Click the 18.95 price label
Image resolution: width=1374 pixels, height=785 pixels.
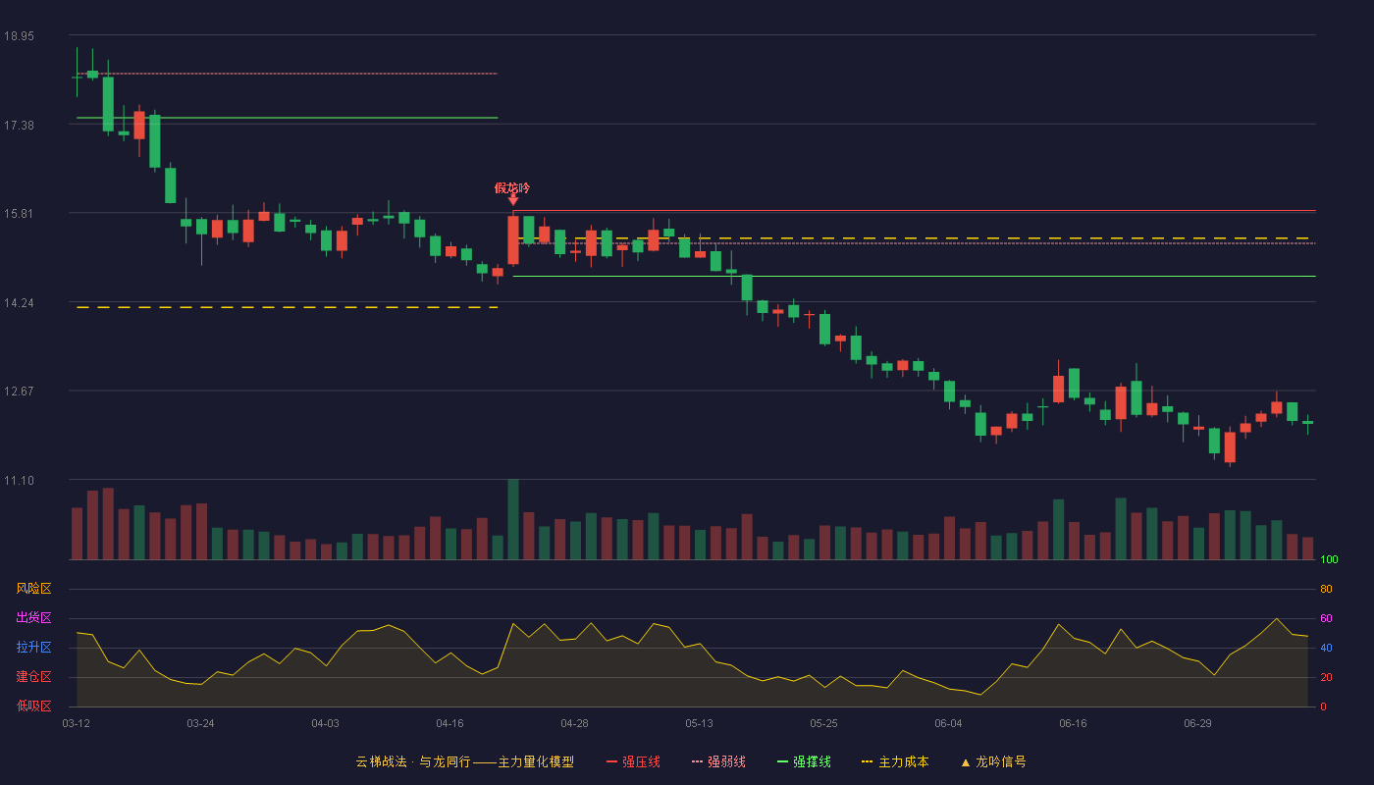tap(19, 36)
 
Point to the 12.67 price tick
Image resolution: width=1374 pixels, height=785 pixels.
tap(19, 392)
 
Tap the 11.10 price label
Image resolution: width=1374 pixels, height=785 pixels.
tap(19, 481)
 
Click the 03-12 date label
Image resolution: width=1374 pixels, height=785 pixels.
tap(77, 724)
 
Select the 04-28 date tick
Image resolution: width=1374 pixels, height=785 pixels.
tap(574, 724)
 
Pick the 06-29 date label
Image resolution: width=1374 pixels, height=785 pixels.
tap(1197, 724)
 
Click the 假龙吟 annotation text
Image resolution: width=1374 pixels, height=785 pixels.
tap(512, 188)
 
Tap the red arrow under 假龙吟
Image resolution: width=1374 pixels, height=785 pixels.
tap(513, 200)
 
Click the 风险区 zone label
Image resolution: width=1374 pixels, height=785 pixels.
tap(33, 589)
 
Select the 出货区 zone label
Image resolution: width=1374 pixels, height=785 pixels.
tap(33, 617)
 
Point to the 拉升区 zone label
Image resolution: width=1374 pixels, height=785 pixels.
tap(33, 647)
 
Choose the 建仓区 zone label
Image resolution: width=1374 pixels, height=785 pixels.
tap(33, 676)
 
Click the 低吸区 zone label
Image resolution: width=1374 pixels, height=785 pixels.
tap(33, 706)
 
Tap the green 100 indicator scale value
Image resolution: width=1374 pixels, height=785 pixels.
tap(1329, 559)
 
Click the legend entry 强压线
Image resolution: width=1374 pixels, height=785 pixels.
tap(634, 762)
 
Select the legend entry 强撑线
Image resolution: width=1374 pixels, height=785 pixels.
tap(804, 762)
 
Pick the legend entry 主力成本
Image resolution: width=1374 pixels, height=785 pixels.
tap(895, 762)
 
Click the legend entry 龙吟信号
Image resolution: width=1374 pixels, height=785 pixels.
tap(993, 762)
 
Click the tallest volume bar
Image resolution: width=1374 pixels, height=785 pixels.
tap(513, 519)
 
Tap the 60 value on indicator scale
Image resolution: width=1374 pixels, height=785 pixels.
tap(1326, 618)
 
